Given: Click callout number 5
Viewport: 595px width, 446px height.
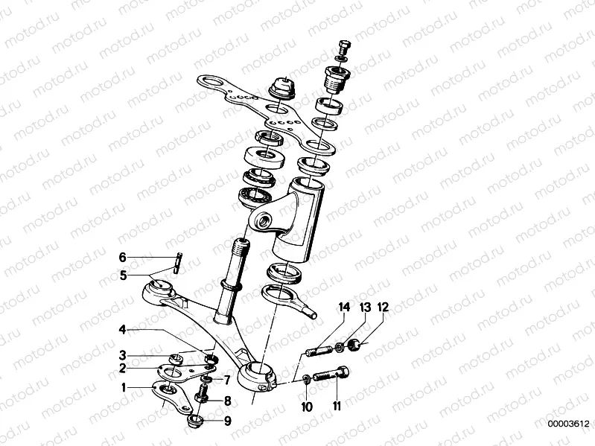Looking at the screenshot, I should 124,275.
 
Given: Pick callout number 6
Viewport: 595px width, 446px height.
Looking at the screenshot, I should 124,258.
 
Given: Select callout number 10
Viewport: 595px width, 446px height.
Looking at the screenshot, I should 307,406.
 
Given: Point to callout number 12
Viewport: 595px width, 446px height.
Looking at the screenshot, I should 383,308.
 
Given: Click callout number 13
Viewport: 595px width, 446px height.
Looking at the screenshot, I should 365,308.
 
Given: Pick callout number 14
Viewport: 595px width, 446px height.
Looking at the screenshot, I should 344,308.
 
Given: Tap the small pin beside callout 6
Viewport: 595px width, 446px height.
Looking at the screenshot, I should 179,263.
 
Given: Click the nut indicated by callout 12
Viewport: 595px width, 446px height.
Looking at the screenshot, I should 356,344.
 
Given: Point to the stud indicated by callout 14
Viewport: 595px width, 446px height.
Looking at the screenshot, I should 318,350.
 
